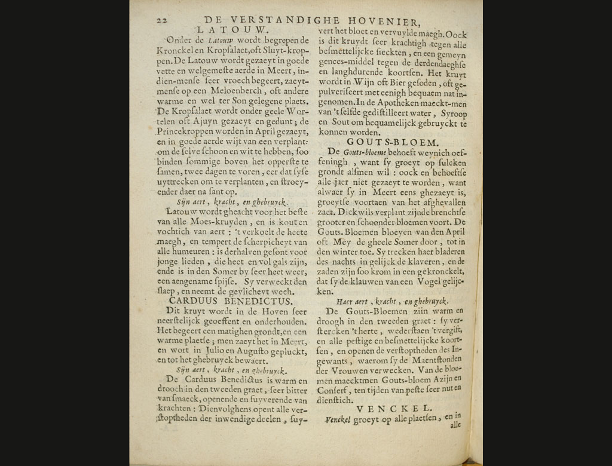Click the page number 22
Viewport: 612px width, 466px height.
click(x=161, y=20)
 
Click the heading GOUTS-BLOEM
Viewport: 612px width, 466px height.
click(x=393, y=142)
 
